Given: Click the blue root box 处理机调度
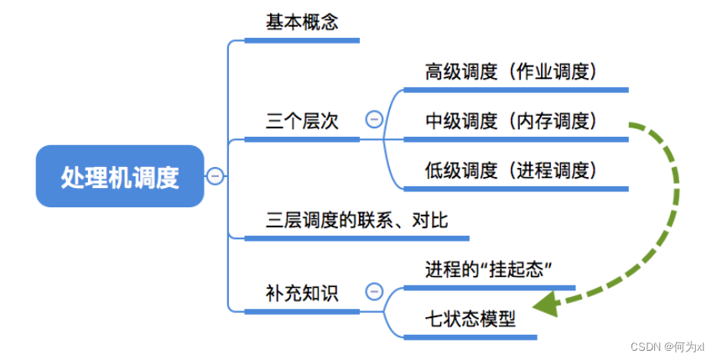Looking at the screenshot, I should pos(120,177).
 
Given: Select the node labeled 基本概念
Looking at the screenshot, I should pos(302,23).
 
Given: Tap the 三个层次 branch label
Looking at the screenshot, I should pos(302,121).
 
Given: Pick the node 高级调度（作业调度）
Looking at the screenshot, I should pos(511,72).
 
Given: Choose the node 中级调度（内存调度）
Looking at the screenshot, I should pos(511,121).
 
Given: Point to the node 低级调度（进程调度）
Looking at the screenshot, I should pos(511,170).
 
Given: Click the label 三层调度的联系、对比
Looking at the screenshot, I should pos(356,220).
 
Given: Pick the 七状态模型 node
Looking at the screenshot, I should pos(470,318).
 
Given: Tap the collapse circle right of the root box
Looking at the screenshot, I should pos(216,176).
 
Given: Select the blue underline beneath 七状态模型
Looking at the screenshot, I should pos(470,337).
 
